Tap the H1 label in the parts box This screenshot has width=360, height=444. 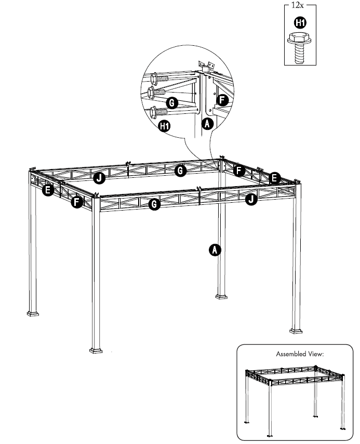click(300, 22)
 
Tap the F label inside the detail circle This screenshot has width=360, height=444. click(222, 100)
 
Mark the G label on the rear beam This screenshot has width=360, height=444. click(180, 170)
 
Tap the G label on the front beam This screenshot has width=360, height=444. click(154, 204)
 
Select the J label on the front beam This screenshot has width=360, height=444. click(250, 199)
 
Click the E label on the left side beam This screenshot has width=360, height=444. click(48, 190)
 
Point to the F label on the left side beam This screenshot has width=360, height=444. click(77, 202)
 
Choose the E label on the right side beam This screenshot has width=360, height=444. click(275, 178)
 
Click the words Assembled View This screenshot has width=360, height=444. click(300, 354)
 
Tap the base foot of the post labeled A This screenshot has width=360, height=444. click(221, 297)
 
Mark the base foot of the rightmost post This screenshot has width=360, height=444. click(296, 330)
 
